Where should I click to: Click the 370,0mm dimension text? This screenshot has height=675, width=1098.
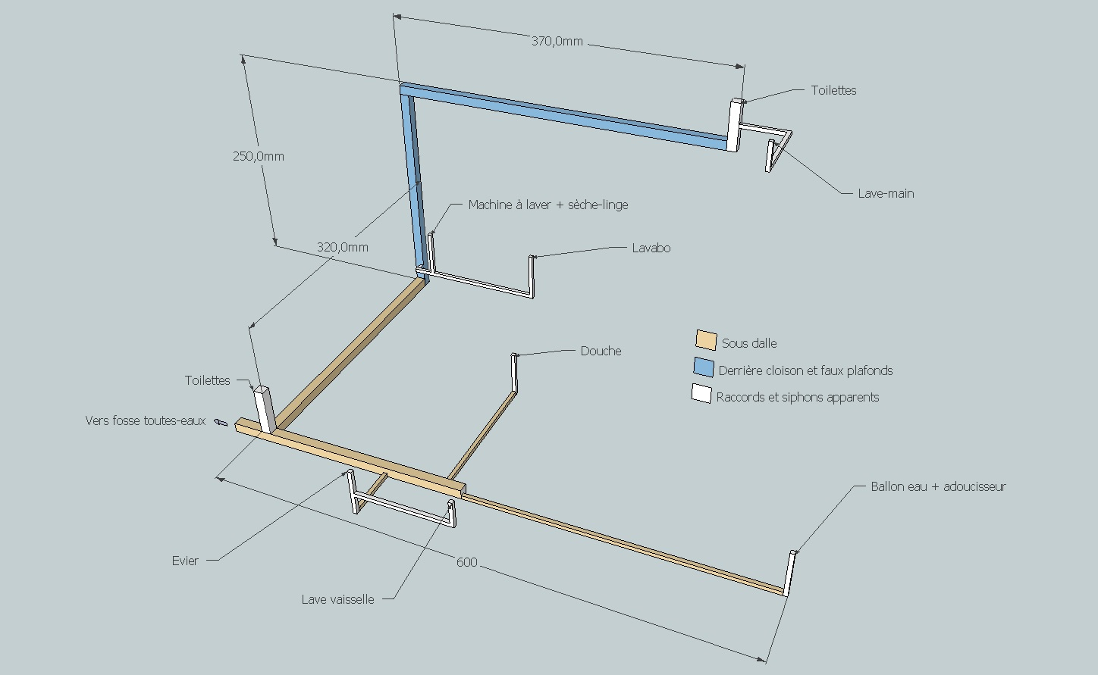[557, 42]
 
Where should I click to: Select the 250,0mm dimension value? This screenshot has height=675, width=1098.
[259, 157]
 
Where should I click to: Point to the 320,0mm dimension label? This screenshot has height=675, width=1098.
[343, 248]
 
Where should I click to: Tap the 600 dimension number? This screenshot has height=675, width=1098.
[467, 562]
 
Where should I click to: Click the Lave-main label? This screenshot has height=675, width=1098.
[886, 194]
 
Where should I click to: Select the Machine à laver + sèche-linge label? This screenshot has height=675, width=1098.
[547, 205]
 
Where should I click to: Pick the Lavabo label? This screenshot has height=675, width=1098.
[651, 248]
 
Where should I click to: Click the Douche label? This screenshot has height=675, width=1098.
[601, 352]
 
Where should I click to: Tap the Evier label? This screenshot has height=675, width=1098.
[185, 561]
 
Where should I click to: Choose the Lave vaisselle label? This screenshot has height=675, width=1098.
[337, 600]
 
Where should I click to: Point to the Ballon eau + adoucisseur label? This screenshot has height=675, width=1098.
[938, 487]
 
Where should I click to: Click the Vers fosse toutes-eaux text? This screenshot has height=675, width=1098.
[145, 421]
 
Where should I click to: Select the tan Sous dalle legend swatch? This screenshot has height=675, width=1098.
[706, 341]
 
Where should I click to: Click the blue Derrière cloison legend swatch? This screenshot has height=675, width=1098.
[704, 368]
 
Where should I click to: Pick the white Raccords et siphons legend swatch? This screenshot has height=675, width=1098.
[701, 394]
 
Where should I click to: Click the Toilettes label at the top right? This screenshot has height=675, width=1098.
[833, 91]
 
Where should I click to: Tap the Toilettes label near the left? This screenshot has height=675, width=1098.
[207, 381]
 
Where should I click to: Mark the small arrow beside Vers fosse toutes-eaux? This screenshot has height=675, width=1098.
[221, 422]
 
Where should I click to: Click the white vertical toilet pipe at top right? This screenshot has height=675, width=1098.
[733, 125]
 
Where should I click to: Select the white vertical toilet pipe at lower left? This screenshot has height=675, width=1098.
[264, 410]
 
